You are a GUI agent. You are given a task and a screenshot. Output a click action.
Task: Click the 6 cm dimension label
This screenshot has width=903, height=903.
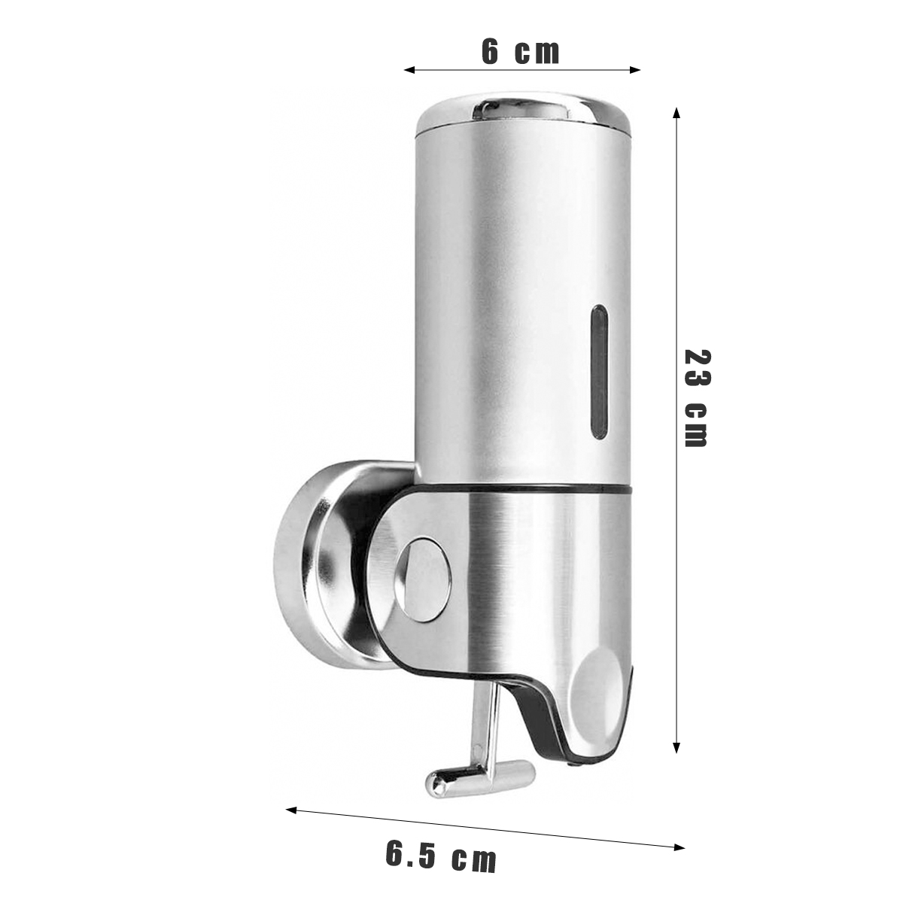[520, 53]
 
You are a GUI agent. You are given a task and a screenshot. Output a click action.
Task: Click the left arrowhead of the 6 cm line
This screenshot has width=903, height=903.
[409, 70]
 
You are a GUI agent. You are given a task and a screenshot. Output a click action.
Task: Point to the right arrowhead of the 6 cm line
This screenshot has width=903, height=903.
[635, 70]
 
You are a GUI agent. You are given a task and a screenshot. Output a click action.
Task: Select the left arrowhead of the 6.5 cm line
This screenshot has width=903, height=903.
[291, 809]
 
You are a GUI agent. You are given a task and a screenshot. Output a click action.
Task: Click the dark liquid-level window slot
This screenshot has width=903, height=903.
[599, 372]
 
